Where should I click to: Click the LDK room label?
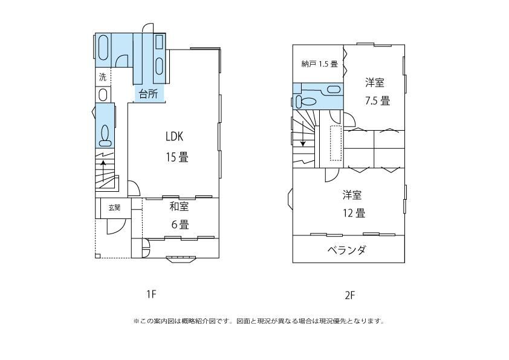coord(174,137)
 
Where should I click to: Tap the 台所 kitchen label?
coord(149,94)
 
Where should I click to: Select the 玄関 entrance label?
coord(114,208)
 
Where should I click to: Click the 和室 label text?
coord(179,206)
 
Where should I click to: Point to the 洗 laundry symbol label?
coord(103,77)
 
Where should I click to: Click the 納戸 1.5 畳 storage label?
coord(319,64)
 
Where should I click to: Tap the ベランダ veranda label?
coord(347,250)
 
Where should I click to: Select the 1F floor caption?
coord(151,295)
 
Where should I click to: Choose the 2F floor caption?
coord(349,295)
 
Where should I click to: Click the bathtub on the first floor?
coord(103,48)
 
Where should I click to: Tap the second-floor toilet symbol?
coord(305,101)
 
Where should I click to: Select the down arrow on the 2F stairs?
coord(303,133)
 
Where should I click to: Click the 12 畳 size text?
coord(354,213)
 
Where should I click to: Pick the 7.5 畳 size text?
coord(377,100)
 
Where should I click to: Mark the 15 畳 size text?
coord(177,157)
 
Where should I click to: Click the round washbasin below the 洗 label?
coord(103,95)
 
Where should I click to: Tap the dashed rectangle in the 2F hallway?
coord(336,143)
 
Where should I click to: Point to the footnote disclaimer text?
coord(259,321)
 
